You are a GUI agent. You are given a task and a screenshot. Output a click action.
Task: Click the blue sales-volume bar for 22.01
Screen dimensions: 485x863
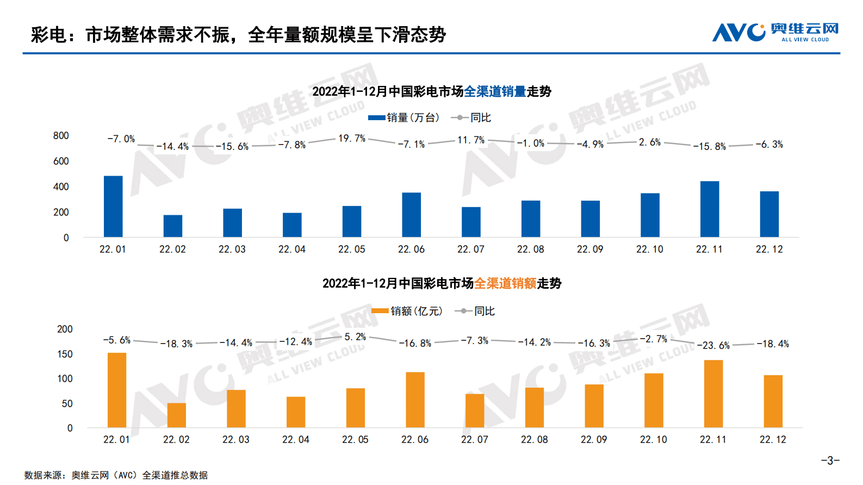pos(113,207)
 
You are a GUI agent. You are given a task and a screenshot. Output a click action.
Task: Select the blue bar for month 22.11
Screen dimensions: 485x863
pos(710,209)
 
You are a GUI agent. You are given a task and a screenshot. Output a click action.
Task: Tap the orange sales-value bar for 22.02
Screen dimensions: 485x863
pos(177,415)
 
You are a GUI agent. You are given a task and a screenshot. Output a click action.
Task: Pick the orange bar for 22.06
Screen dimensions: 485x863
pos(415,400)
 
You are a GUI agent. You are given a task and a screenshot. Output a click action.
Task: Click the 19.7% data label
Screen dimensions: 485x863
pos(352,139)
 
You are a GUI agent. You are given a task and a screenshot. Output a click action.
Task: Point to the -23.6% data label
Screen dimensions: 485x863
pos(713,345)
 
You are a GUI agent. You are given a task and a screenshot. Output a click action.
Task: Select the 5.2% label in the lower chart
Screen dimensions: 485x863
pos(355,337)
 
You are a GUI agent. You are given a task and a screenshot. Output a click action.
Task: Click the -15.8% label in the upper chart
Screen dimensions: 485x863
pos(709,146)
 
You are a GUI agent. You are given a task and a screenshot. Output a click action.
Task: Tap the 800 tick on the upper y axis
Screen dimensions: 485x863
pos(61,135)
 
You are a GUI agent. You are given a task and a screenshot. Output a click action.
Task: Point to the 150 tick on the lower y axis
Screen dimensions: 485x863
pos(65,354)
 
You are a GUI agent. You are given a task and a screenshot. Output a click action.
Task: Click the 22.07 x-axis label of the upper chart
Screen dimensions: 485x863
pos(471,249)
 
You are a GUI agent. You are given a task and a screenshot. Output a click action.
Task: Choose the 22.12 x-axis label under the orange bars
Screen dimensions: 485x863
pos(773,439)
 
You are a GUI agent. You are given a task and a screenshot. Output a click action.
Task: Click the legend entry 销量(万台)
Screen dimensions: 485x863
pos(403,117)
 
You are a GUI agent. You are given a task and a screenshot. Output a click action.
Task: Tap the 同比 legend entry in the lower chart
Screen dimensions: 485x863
pos(475,311)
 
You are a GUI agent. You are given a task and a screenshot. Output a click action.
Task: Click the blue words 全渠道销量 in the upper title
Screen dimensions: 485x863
pos(495,91)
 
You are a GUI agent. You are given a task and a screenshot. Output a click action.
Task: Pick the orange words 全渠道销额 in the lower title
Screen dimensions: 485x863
pos(505,283)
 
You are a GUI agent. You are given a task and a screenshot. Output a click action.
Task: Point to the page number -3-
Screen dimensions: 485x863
pos(830,461)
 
